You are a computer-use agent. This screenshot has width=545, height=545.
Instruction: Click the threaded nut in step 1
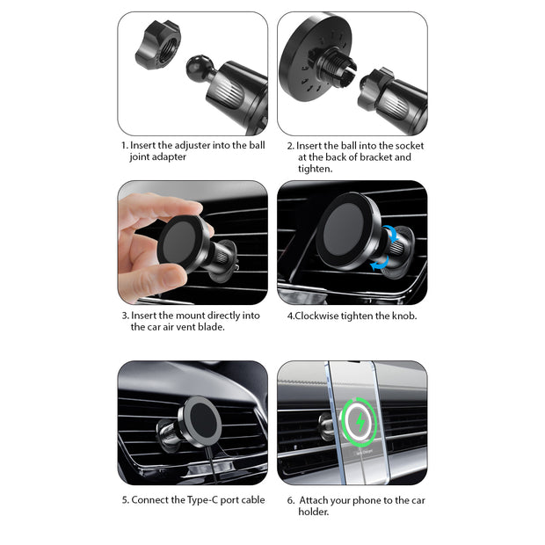point(158,45)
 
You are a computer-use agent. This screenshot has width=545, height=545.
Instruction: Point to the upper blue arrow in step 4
point(391,233)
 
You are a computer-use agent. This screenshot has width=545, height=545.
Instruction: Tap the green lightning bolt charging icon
point(360,422)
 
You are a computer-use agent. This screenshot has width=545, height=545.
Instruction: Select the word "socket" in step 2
point(410,146)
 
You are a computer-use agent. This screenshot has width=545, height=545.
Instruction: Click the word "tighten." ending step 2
point(316,169)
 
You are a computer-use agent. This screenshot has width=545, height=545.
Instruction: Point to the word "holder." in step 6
point(314,512)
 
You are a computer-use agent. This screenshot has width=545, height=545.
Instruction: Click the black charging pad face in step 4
point(344,229)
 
